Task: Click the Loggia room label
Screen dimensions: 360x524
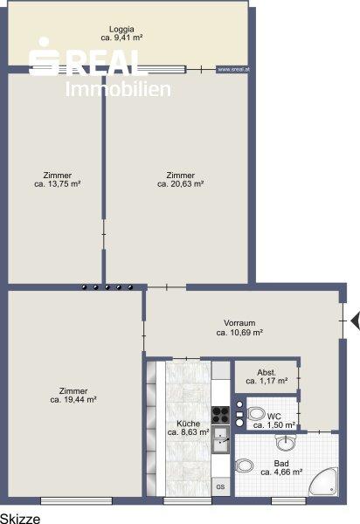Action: tap(121, 30)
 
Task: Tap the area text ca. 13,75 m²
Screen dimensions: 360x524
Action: tap(58, 183)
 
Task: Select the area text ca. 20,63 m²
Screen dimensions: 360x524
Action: tap(181, 183)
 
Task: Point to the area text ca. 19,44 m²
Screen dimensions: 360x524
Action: tap(73, 399)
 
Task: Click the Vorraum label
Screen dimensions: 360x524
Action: tap(239, 323)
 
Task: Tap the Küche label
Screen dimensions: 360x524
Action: tap(188, 424)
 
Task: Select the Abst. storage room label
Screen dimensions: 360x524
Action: tap(267, 372)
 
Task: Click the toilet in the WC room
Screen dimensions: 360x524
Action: tap(256, 414)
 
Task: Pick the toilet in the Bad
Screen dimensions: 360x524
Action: tap(245, 465)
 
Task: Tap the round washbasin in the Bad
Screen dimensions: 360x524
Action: tap(286, 443)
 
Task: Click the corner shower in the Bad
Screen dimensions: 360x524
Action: tap(323, 481)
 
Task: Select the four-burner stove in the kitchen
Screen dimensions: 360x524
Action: tap(220, 415)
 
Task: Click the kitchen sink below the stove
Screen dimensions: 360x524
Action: tap(220, 439)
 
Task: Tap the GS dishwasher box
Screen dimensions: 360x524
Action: tap(220, 487)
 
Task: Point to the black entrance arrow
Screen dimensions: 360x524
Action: tap(355, 321)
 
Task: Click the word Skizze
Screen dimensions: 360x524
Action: tap(20, 518)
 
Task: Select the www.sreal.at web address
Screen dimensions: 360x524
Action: tap(233, 70)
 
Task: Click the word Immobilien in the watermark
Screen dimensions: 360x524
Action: tap(118, 89)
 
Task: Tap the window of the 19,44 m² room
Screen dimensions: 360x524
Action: tap(76, 500)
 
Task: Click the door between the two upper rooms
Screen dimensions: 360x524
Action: tap(104, 234)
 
